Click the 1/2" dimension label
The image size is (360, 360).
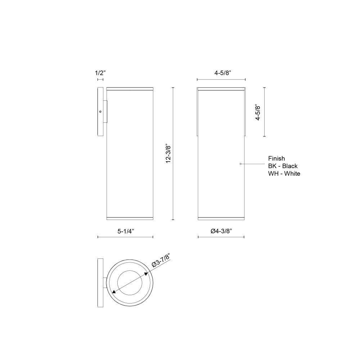point(100,73)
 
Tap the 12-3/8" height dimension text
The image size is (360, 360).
point(168,154)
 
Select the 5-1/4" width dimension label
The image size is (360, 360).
point(126,231)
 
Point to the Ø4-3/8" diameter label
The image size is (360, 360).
point(221,231)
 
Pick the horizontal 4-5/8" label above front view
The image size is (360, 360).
point(222,73)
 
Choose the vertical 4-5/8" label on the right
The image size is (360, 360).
point(258,112)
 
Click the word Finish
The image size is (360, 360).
point(276,158)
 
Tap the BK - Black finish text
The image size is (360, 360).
point(283,166)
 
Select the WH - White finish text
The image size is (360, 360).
point(284,174)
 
